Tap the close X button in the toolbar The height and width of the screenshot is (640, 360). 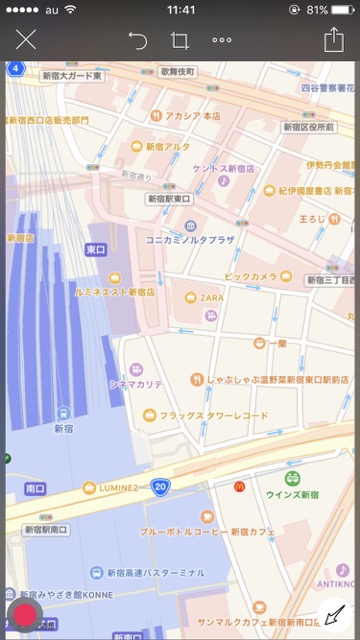tap(26, 40)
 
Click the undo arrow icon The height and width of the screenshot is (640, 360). tap(138, 40)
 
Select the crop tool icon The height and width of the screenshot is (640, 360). tap(180, 40)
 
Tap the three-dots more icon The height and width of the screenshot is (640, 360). tap(222, 40)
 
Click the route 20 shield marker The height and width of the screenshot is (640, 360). tap(160, 486)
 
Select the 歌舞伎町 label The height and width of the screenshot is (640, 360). tap(177, 73)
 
